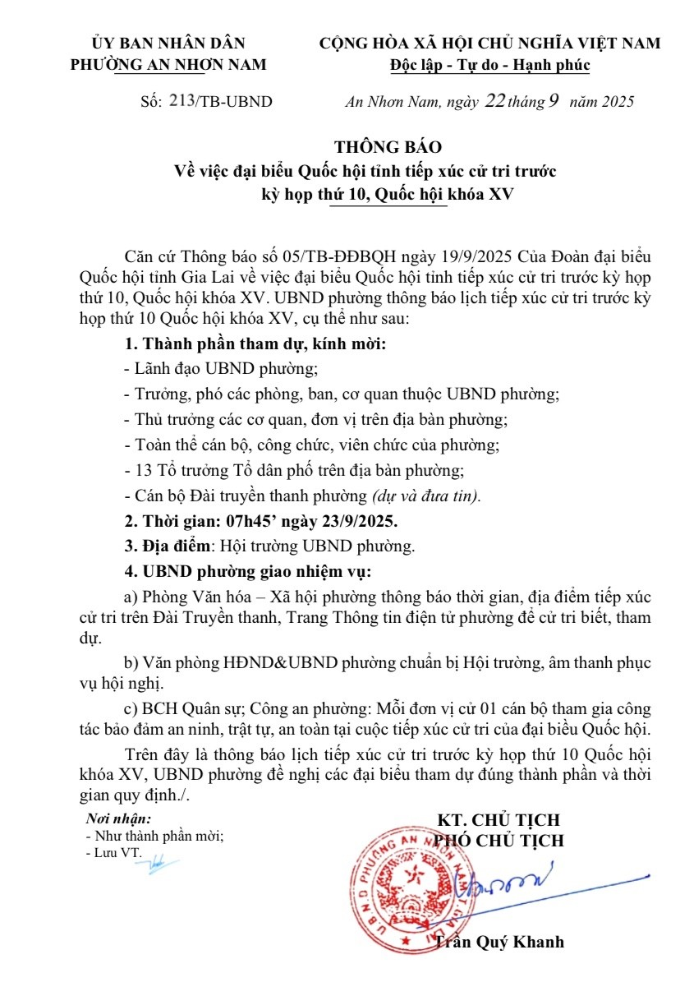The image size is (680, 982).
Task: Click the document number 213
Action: [x=181, y=101]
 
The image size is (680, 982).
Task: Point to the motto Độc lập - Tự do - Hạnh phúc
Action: [x=490, y=66]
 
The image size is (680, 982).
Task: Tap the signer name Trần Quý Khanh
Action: [x=499, y=942]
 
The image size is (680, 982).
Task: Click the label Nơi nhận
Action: [x=118, y=818]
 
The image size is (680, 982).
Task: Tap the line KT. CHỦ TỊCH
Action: [x=498, y=820]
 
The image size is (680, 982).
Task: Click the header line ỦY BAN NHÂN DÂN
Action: [x=168, y=44]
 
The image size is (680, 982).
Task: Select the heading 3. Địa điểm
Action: [x=163, y=546]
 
